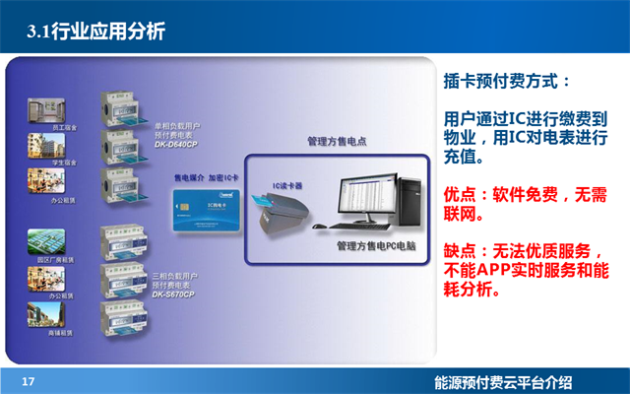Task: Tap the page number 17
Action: point(28,381)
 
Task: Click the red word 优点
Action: point(461,196)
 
